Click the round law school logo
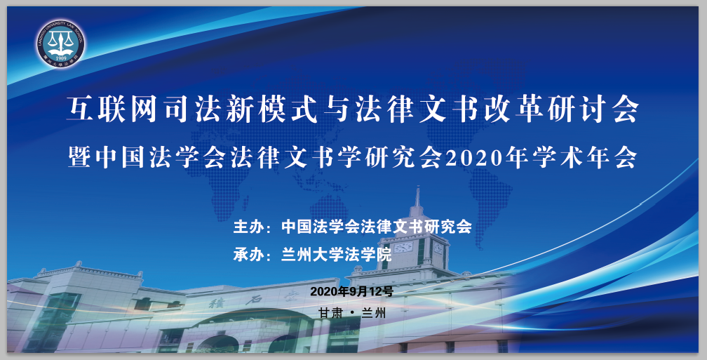[60, 44]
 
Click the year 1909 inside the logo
[61, 58]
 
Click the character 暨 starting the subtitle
[80, 158]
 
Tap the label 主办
[248, 227]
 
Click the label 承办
[248, 255]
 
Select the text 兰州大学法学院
[337, 255]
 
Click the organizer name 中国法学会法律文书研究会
[377, 227]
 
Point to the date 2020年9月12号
[351, 291]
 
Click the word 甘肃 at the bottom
[331, 313]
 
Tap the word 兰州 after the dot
[374, 313]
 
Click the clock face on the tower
[403, 247]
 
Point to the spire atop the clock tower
[418, 196]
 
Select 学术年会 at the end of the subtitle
[585, 158]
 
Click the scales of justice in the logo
[61, 42]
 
